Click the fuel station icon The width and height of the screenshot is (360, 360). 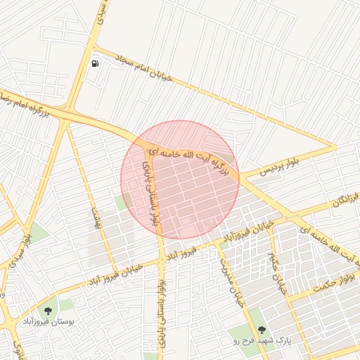pyautogui.click(x=95, y=63)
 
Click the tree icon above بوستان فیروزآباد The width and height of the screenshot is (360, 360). pyautogui.click(x=48, y=310)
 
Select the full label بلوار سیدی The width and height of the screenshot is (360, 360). pyautogui.click(x=27, y=244)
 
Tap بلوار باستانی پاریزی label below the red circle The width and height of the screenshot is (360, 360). pyautogui.click(x=163, y=302)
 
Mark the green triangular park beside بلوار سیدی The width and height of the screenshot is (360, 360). pyautogui.click(x=39, y=232)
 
